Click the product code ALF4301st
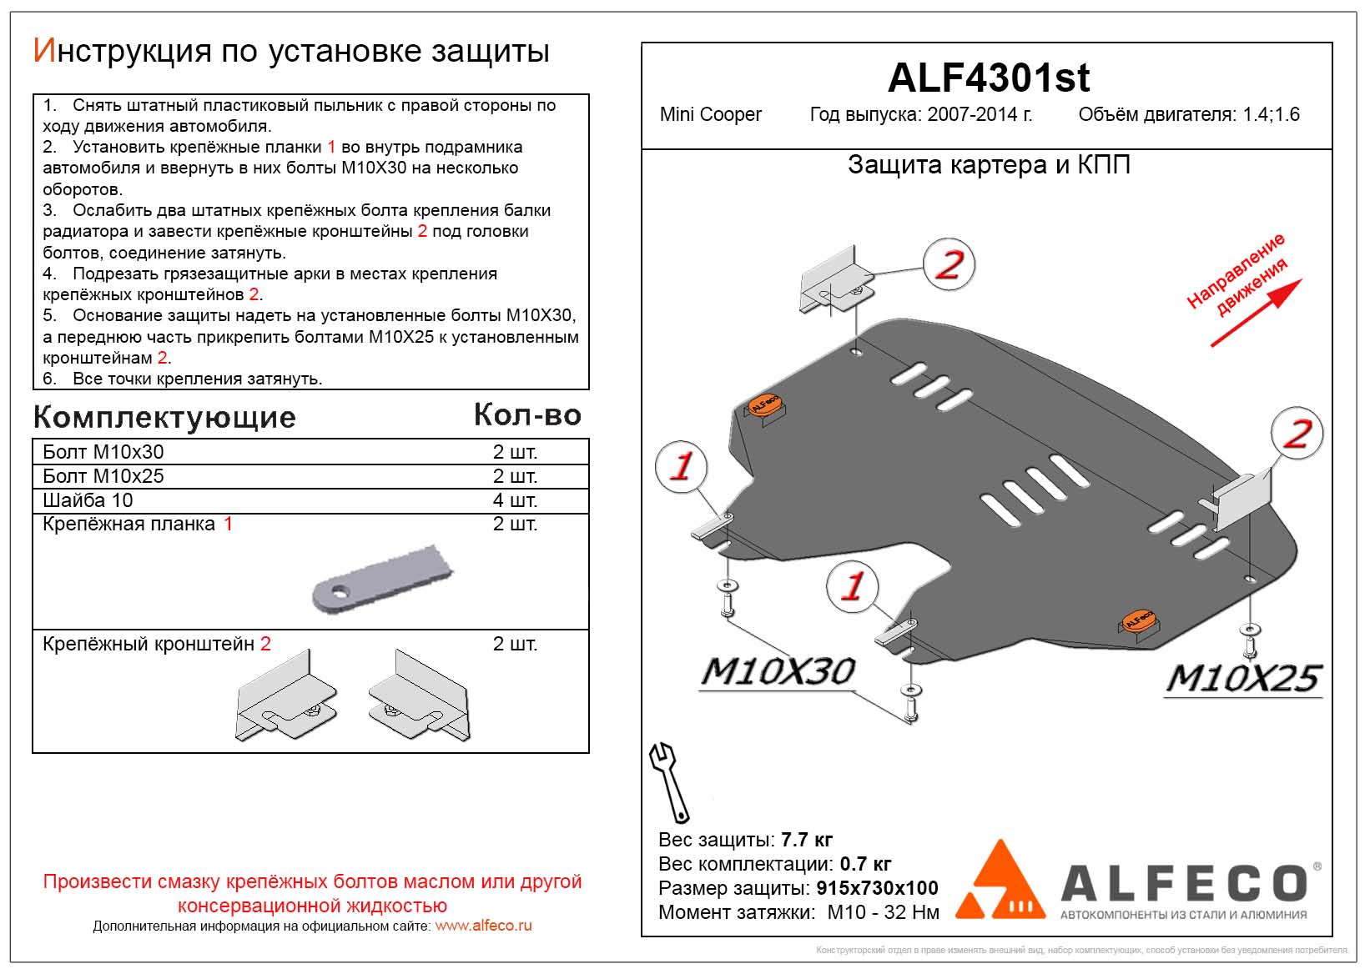point(988,78)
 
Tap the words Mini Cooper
point(710,115)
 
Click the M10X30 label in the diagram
point(778,672)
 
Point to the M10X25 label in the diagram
point(1242,678)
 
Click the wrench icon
point(669,781)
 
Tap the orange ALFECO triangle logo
point(1000,881)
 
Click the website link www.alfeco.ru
point(483,926)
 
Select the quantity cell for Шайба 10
point(515,500)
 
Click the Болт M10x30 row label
point(103,452)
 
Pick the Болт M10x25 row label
point(103,476)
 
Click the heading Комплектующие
point(164,417)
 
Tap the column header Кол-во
point(527,414)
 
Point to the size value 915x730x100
point(877,888)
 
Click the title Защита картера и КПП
point(989,165)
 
